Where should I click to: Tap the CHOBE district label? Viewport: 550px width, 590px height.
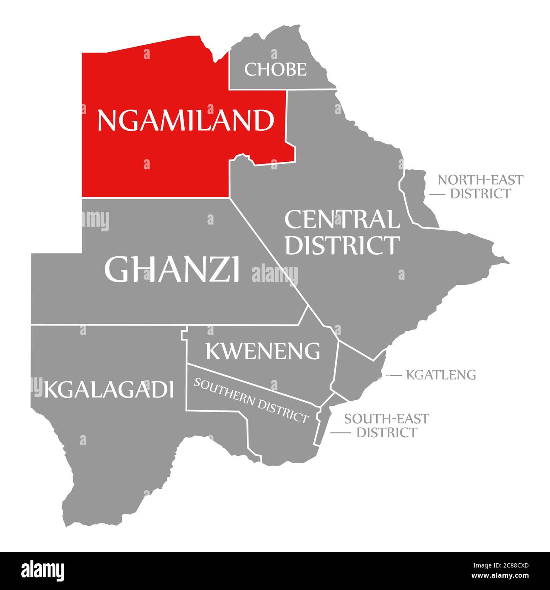click(275, 69)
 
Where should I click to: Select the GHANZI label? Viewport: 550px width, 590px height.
click(172, 269)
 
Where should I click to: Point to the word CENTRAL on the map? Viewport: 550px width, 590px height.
click(342, 220)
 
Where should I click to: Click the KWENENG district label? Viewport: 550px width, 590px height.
click(263, 351)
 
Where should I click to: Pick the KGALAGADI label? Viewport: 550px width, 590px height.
click(109, 390)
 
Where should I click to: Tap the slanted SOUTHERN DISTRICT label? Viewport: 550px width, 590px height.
click(251, 400)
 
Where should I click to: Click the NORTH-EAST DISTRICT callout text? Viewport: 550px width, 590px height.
click(480, 186)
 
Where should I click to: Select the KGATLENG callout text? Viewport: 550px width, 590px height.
click(441, 375)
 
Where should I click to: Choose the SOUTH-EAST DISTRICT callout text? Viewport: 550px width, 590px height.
click(386, 425)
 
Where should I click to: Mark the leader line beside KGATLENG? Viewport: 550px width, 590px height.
click(394, 375)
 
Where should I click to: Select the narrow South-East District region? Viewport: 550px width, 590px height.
click(322, 424)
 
